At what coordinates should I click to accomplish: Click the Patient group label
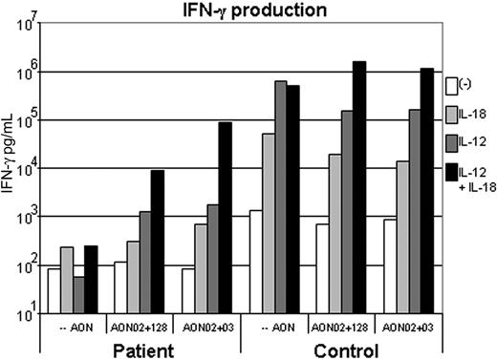coord(140,349)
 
